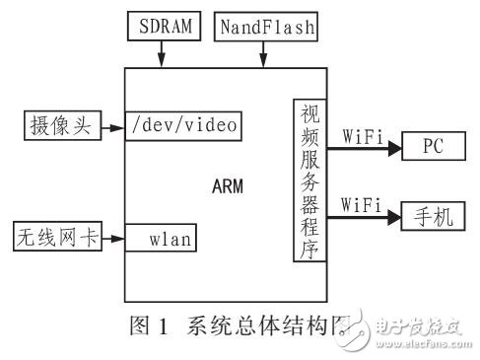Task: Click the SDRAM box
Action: [x=161, y=26]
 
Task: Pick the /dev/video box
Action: [x=182, y=125]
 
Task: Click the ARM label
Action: [x=227, y=182]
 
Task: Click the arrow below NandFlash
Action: [x=264, y=55]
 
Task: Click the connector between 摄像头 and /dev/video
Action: [x=111, y=125]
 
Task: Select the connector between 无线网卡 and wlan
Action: [x=111, y=237]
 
